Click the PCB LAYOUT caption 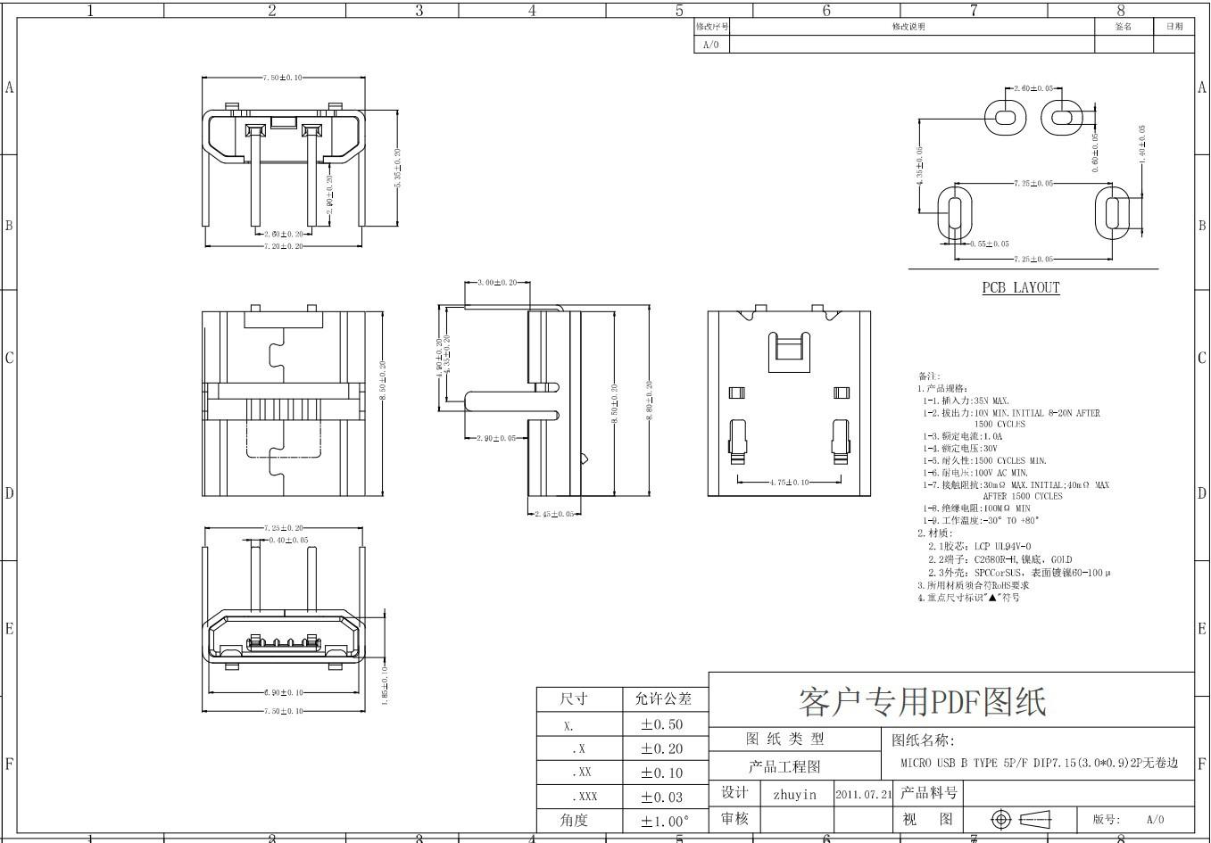pos(1021,288)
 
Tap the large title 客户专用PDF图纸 pos(922,702)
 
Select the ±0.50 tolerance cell pos(661,725)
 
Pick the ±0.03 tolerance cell pos(661,797)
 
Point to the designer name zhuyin pos(794,794)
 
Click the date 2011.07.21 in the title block pos(863,794)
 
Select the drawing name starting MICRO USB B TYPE pos(1039,764)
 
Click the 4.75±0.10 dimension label pos(789,483)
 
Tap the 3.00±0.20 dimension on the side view pos(497,283)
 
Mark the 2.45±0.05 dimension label pos(553,514)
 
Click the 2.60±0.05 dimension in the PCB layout pos(1033,89)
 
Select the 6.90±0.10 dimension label pos(283,692)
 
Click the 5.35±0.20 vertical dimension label pos(397,167)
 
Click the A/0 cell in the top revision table pos(711,45)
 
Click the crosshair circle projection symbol pos(1001,819)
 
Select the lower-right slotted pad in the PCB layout pos(1112,213)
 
